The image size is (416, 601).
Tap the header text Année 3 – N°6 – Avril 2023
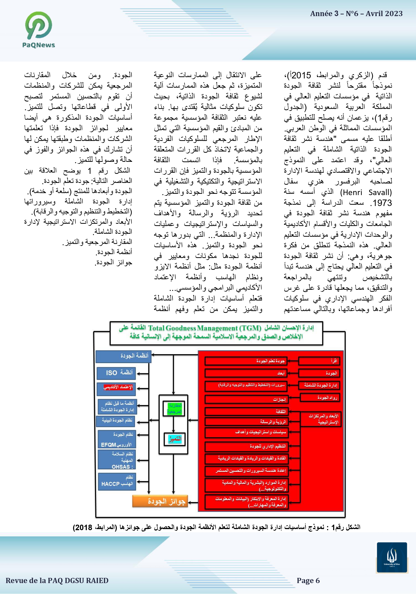[x=356, y=13]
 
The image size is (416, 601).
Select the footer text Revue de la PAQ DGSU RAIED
[x=57, y=581]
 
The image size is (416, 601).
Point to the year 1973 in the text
[x=382, y=203]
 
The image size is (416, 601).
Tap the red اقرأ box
[x=319, y=361]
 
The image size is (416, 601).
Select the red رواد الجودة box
[x=320, y=397]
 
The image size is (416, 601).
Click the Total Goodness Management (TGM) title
[x=204, y=328]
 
